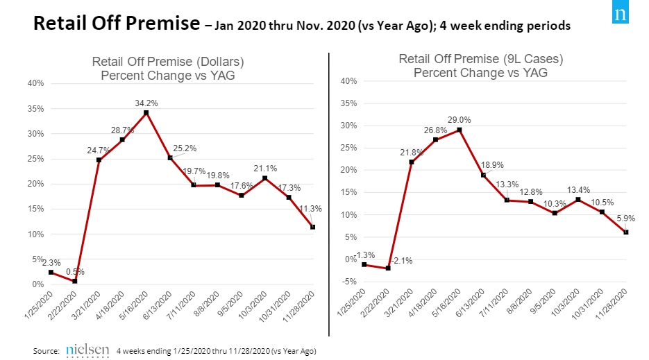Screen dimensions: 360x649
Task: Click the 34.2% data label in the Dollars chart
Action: coord(146,103)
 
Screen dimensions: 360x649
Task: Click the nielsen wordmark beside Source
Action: coord(87,350)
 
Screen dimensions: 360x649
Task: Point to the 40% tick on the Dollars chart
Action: coord(35,83)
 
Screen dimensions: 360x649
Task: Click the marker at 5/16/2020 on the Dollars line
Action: coord(146,112)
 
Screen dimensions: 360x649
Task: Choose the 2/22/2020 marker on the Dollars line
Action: coord(74,281)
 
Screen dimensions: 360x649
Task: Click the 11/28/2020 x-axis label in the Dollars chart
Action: coord(303,306)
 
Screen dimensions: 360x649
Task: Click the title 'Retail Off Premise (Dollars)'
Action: coord(168,62)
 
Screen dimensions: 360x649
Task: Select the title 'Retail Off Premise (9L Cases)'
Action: coord(480,59)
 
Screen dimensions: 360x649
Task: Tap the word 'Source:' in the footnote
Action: coord(47,351)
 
